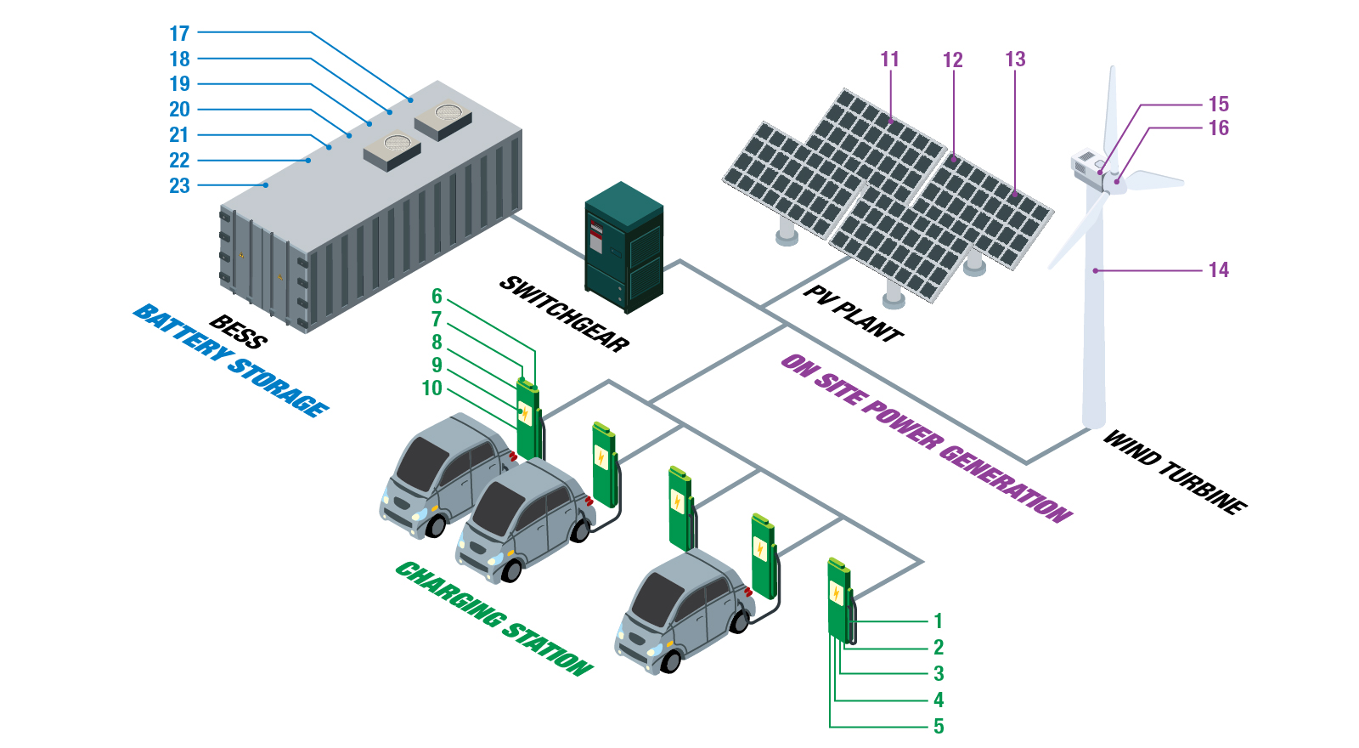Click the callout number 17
coord(179,33)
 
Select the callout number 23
coord(179,186)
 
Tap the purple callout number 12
coord(952,60)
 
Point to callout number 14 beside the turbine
coord(1218,270)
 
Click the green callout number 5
coord(939,727)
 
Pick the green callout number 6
coord(437,297)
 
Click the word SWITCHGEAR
coord(564,314)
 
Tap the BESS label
coord(239,332)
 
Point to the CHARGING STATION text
coord(493,619)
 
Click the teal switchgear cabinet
coord(623,246)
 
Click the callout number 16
coord(1218,128)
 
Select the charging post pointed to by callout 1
coord(839,599)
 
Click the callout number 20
coord(179,110)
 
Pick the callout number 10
coord(431,388)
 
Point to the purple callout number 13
coord(1015,59)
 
